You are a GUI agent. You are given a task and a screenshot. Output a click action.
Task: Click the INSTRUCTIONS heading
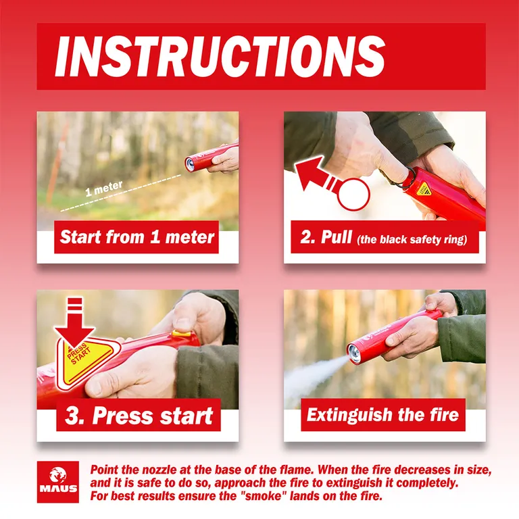(220, 56)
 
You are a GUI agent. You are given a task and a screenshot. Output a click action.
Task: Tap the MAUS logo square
(58, 482)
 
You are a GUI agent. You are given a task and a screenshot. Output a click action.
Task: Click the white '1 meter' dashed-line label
(103, 189)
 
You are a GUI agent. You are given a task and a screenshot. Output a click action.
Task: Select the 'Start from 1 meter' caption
(137, 237)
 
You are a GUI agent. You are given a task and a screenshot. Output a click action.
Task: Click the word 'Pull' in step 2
(337, 237)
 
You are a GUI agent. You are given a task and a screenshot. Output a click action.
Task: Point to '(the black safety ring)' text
(412, 239)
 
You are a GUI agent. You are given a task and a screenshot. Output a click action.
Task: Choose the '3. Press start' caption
(139, 416)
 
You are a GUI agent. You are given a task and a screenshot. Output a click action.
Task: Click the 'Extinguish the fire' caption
(382, 414)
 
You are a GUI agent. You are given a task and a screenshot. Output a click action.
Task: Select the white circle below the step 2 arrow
(353, 195)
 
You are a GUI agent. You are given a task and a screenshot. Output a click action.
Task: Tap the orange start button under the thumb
(181, 333)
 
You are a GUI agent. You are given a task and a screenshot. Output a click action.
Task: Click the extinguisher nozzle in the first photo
(190, 164)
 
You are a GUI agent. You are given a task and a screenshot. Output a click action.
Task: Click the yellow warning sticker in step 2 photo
(424, 189)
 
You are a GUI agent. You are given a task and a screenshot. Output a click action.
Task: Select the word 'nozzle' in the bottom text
(160, 470)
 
